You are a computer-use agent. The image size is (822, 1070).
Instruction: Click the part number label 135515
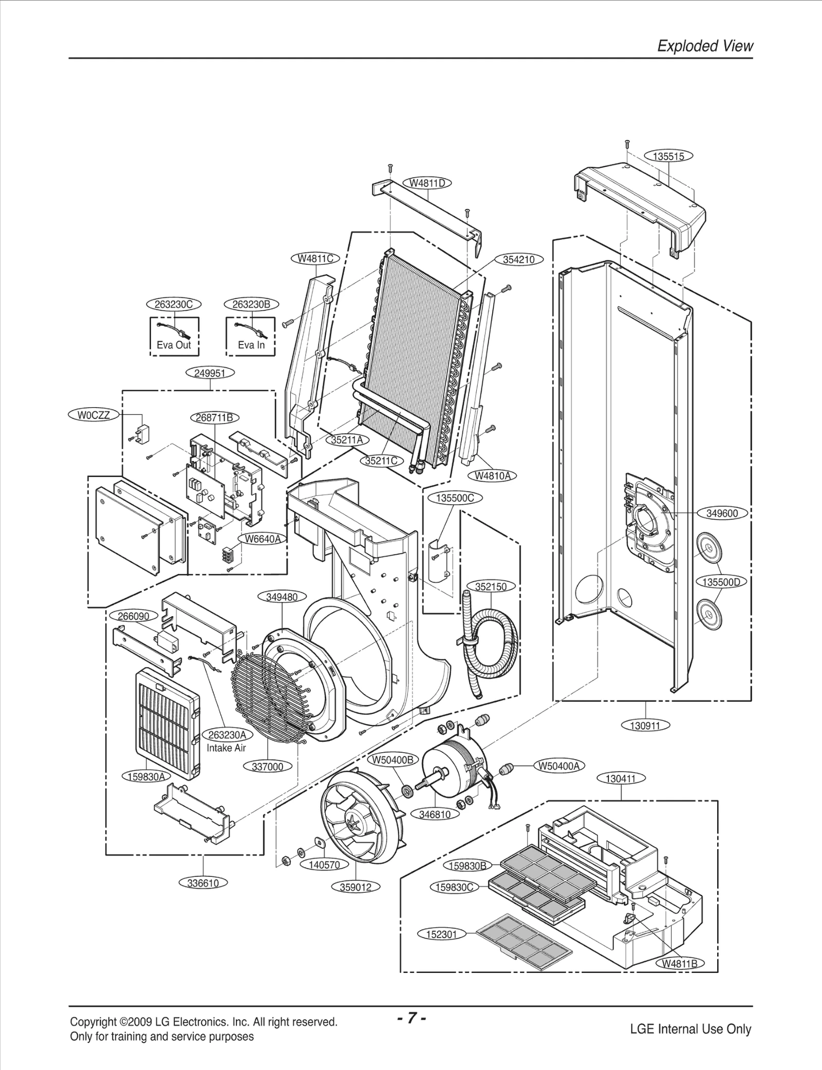pos(668,156)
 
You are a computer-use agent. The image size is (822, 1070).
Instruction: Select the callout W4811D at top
pos(427,183)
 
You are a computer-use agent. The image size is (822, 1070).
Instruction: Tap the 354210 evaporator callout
pos(518,259)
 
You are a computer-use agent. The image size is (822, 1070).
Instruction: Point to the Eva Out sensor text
pos(174,345)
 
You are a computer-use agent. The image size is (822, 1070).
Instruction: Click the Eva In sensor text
pos(251,345)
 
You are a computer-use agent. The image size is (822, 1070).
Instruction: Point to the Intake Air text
pos(226,748)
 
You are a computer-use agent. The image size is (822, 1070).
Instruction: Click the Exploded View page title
pos(705,46)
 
